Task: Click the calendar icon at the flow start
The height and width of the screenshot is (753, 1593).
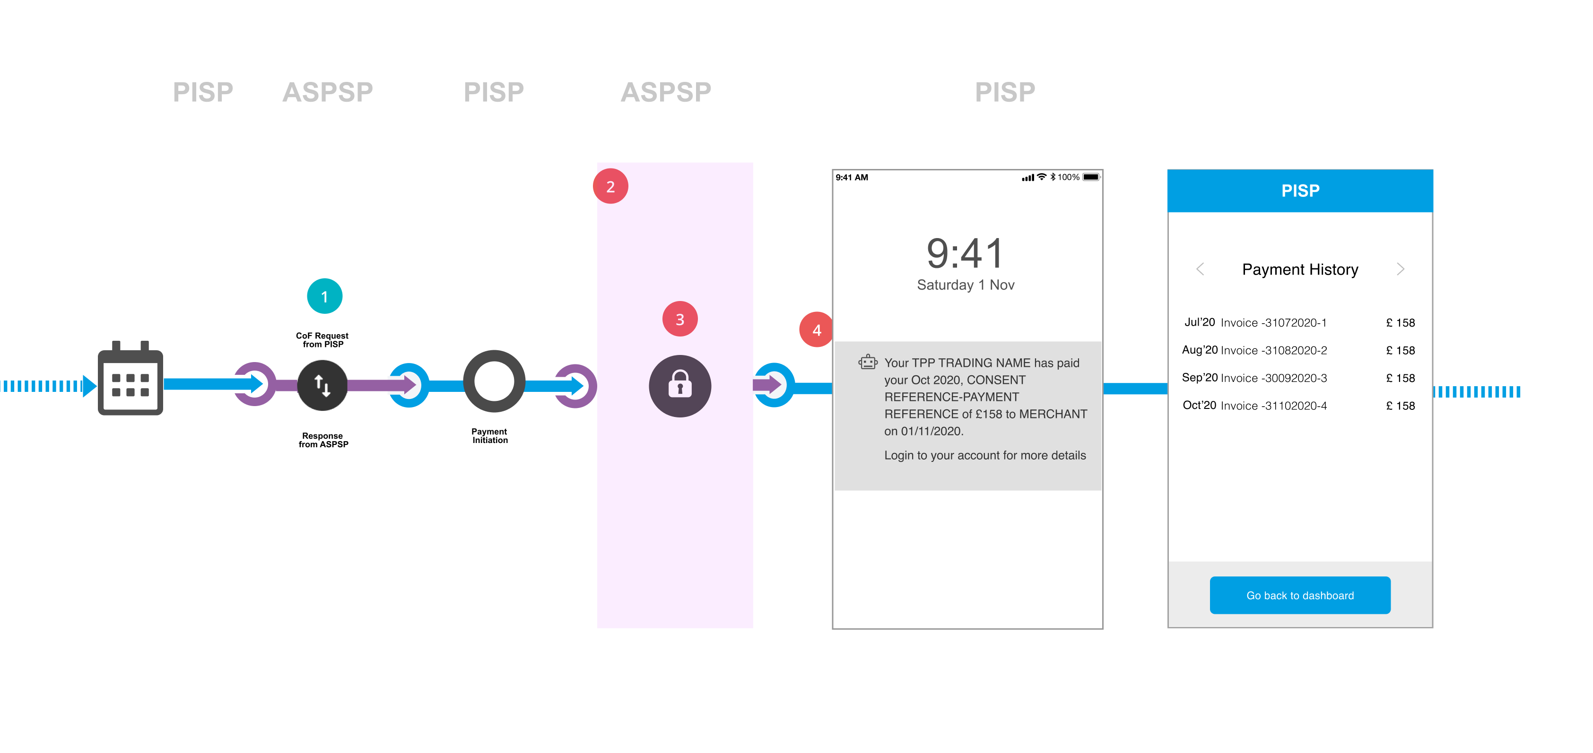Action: click(x=131, y=379)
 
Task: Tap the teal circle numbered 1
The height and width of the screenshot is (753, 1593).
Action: click(x=325, y=296)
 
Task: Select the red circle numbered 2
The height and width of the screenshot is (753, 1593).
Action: click(x=610, y=186)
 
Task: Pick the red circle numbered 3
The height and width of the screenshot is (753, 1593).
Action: click(x=679, y=319)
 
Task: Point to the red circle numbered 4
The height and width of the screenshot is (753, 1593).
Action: click(x=816, y=330)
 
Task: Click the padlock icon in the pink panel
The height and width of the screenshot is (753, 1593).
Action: click(x=679, y=385)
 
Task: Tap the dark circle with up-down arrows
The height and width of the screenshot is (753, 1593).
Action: click(x=322, y=385)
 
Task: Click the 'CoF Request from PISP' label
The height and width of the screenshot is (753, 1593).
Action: click(x=322, y=340)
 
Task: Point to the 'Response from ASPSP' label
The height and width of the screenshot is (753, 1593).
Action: click(x=323, y=440)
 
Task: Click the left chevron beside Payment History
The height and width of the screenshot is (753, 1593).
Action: click(x=1200, y=269)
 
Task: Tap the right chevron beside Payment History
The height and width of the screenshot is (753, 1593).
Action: click(x=1400, y=269)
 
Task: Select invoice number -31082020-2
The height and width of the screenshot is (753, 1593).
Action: click(x=1273, y=351)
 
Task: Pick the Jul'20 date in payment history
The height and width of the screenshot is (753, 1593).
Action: click(x=1199, y=322)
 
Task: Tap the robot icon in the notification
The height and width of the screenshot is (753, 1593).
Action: click(x=868, y=362)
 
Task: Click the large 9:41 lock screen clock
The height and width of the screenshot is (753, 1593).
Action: click(x=965, y=254)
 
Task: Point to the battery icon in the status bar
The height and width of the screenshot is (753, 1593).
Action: click(x=1091, y=177)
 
